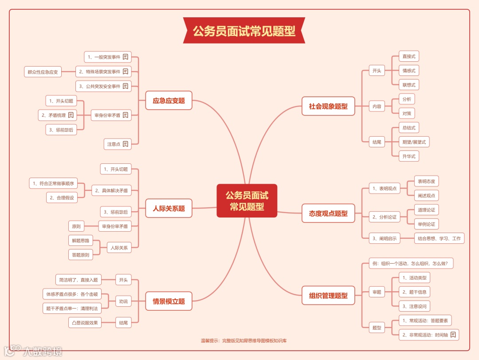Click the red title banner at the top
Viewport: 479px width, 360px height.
tap(244, 31)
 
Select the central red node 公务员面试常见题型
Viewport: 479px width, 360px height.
tap(247, 201)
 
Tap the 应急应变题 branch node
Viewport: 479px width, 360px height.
tap(169, 101)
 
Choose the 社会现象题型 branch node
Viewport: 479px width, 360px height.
tap(328, 106)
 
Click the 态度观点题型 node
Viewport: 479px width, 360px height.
tap(328, 214)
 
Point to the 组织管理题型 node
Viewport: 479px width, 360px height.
tap(328, 295)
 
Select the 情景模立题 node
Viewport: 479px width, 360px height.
tap(169, 301)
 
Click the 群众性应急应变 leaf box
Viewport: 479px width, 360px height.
tap(43, 72)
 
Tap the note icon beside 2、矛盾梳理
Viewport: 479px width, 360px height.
tap(71, 115)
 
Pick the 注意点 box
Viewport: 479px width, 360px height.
tap(118, 144)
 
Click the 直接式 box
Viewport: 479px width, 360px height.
tap(408, 56)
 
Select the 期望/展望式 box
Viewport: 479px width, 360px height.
tap(414, 142)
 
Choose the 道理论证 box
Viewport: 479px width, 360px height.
tap(426, 210)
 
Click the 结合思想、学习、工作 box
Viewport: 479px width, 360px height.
tap(439, 238)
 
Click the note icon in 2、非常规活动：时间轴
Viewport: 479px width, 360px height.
tap(453, 335)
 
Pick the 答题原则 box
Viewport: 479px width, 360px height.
tap(80, 255)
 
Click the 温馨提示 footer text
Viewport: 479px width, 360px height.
tap(243, 341)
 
